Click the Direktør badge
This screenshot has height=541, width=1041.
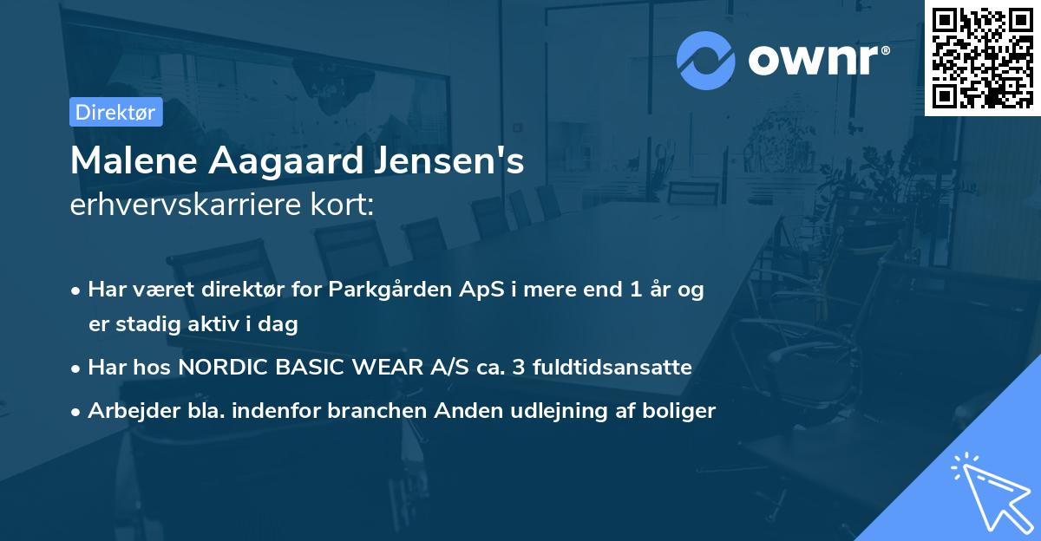pyautogui.click(x=116, y=112)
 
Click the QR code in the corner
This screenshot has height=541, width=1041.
pyautogui.click(x=982, y=57)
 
